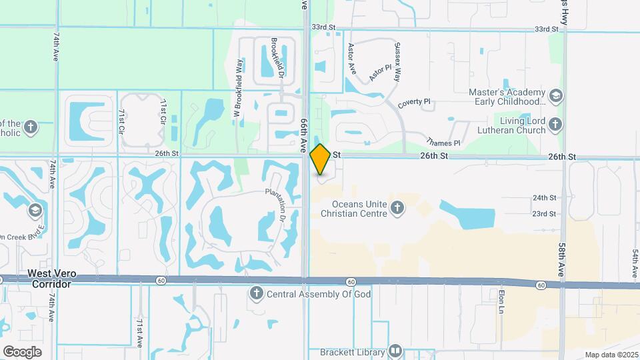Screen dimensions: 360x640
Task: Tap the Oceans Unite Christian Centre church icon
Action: click(x=397, y=208)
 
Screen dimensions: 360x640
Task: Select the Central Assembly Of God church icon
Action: click(x=256, y=293)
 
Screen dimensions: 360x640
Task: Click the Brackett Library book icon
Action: click(x=395, y=351)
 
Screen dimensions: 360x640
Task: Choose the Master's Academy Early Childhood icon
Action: click(x=555, y=96)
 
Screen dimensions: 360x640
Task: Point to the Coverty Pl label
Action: click(x=415, y=103)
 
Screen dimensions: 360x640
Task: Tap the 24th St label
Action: click(x=544, y=198)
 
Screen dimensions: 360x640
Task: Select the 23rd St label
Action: click(x=544, y=213)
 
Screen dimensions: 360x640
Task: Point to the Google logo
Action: click(x=22, y=351)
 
